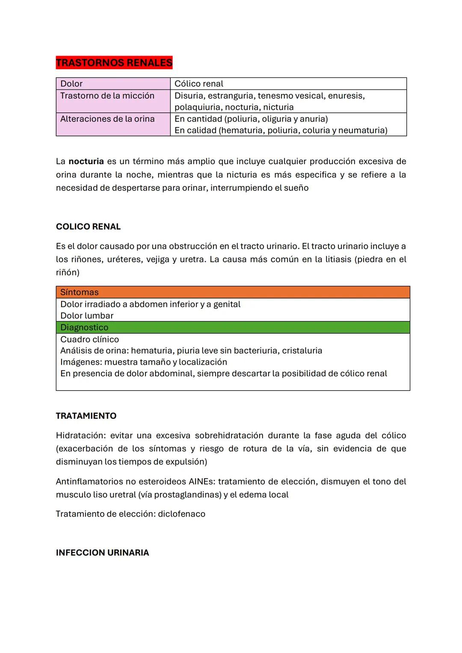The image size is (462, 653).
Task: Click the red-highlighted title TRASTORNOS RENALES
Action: click(114, 63)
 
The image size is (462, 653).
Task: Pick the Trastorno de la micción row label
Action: click(107, 96)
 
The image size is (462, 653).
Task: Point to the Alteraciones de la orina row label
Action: click(107, 119)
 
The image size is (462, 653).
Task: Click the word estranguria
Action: click(231, 96)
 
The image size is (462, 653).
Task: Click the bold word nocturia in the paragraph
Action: click(86, 162)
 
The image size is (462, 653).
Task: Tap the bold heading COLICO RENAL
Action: click(88, 227)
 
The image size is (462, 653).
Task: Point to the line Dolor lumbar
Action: click(87, 316)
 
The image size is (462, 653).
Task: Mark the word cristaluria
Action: click(302, 351)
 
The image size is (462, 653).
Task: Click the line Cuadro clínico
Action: click(89, 340)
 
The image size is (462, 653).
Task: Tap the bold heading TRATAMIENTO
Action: click(86, 416)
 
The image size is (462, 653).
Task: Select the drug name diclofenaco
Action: click(181, 514)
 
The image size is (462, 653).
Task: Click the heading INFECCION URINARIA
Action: click(102, 553)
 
